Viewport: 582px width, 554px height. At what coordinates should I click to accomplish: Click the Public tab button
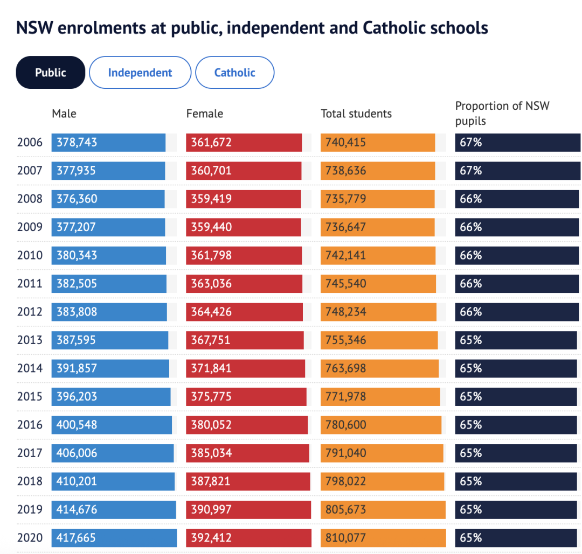[51, 72]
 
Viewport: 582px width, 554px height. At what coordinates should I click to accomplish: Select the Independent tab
[140, 72]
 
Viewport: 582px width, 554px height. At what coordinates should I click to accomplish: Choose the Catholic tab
[234, 72]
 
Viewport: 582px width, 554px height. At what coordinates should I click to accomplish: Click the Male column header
[64, 114]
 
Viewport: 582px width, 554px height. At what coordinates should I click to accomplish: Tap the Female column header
[204, 114]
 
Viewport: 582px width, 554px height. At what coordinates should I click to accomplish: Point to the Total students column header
[356, 114]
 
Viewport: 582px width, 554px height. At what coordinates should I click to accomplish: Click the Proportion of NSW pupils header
[502, 113]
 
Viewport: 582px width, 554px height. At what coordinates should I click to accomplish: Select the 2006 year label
[30, 143]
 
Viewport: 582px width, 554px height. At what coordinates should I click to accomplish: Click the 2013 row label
[30, 340]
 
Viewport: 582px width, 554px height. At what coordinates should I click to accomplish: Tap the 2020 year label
[30, 537]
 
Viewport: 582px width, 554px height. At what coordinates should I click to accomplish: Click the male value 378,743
[77, 143]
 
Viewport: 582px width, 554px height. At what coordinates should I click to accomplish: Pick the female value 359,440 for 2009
[211, 227]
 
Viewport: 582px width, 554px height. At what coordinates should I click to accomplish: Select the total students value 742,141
[345, 255]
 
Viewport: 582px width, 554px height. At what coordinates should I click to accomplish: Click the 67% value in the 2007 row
[470, 171]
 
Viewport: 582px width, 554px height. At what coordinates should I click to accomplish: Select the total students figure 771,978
[345, 397]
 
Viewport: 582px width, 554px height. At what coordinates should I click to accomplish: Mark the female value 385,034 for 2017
[211, 453]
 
